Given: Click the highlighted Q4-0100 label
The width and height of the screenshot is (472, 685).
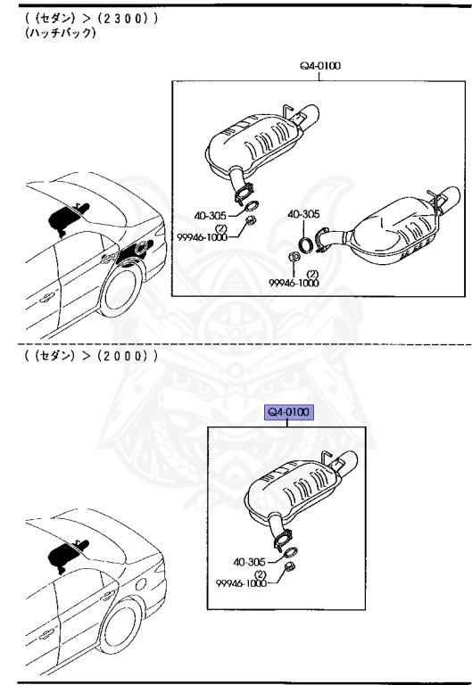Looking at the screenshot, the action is (x=289, y=412).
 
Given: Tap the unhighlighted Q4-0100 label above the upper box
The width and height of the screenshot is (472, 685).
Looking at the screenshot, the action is (x=320, y=66).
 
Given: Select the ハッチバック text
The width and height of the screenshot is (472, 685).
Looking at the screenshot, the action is (x=61, y=33).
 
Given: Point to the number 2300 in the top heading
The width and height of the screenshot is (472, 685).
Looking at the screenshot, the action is (x=123, y=19).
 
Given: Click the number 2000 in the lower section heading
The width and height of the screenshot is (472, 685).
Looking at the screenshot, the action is (x=123, y=356).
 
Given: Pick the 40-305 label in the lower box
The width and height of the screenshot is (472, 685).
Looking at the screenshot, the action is (x=249, y=562).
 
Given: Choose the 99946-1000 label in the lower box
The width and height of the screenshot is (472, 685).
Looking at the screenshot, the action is (x=241, y=582).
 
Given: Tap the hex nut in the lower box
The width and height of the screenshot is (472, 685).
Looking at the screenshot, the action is (x=289, y=568).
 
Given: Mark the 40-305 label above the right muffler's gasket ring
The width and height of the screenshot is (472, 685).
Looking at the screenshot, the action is (x=303, y=214).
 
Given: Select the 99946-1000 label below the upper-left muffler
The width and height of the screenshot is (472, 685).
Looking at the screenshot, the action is (x=203, y=236).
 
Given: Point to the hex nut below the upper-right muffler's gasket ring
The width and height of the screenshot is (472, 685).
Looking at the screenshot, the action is (x=294, y=257).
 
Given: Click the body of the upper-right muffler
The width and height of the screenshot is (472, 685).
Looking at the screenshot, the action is (x=395, y=232).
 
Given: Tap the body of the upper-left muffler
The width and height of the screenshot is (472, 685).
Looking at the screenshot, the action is (x=253, y=143).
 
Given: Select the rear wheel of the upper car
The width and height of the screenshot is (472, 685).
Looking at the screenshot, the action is (x=120, y=291).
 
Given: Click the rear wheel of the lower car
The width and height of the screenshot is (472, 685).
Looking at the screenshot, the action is (x=120, y=628).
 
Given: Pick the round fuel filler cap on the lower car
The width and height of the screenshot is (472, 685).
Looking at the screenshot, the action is (x=141, y=584).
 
